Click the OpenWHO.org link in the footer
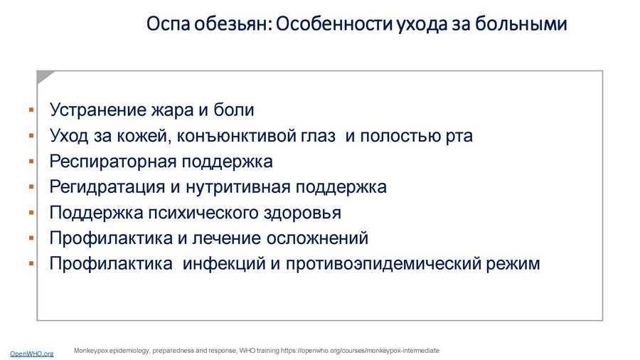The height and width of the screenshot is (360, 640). [x=31, y=354]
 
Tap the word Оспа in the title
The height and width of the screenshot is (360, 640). [x=168, y=23]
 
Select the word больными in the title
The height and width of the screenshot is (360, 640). [x=521, y=23]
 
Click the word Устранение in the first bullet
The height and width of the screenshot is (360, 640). [x=97, y=110]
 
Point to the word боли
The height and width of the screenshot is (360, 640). [x=233, y=110]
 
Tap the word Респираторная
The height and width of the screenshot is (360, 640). [x=112, y=162]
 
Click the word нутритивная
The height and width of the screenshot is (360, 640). [x=238, y=187]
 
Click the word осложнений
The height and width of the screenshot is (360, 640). [x=317, y=238]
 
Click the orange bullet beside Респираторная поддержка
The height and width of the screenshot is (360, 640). [x=31, y=162]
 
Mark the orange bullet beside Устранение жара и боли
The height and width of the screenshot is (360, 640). [x=31, y=110]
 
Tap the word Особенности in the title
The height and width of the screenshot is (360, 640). [x=335, y=23]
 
